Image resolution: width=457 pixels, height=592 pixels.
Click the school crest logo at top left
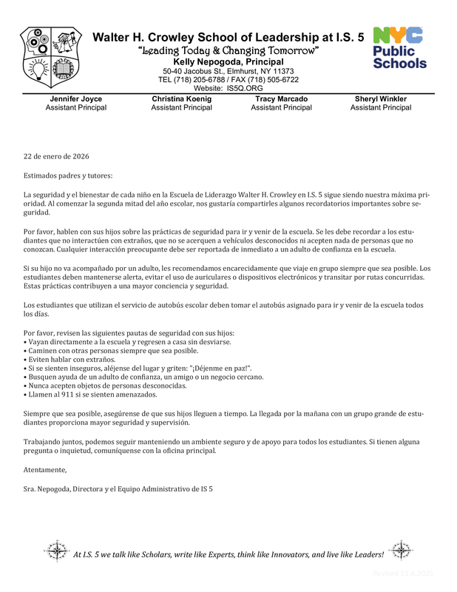51,59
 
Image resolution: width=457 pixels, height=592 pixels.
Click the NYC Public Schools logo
399,48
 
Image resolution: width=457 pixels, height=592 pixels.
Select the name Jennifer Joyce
75,98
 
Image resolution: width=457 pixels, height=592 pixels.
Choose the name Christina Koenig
181,98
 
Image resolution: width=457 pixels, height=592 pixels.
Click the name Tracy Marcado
281,98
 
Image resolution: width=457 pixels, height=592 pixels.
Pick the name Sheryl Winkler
381,98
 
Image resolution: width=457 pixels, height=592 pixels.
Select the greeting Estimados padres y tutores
68,175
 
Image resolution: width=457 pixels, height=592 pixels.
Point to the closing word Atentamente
45,470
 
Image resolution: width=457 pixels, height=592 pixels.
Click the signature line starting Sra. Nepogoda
118,489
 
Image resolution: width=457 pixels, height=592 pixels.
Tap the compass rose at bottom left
56,552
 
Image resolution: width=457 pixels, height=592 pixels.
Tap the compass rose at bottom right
401,552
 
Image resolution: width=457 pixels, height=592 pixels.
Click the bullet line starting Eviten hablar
69,358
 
